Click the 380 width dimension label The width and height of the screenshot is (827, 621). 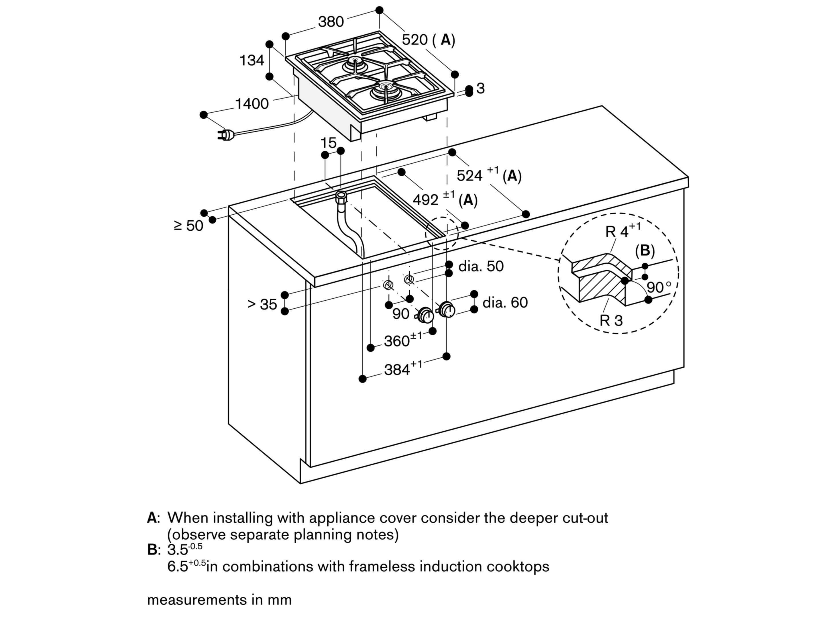click(x=331, y=22)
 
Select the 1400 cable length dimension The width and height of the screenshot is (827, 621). click(x=252, y=104)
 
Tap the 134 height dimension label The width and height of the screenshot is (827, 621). click(x=252, y=60)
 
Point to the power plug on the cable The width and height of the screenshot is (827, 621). click(x=225, y=135)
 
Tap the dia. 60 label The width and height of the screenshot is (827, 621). click(x=505, y=302)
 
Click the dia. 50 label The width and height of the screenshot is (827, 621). click(x=481, y=266)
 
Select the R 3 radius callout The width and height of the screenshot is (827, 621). click(x=611, y=320)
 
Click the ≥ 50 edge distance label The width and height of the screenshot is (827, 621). click(x=188, y=226)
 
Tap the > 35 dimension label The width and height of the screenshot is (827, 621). click(x=262, y=304)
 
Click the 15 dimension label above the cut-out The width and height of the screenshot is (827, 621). click(x=328, y=142)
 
